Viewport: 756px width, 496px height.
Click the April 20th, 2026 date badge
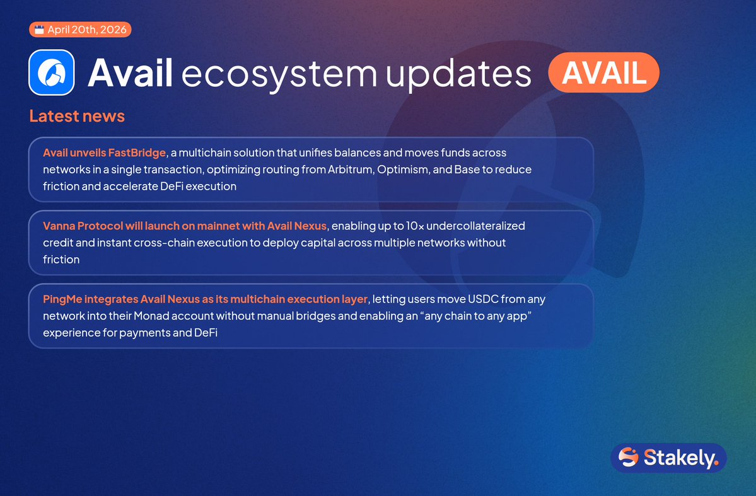coord(80,30)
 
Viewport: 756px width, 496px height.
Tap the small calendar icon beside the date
coord(39,30)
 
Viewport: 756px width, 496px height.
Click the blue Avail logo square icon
coord(52,72)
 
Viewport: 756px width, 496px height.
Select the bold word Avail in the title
coord(130,72)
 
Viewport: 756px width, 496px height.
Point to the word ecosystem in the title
coord(279,75)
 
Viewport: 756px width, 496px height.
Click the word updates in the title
coord(458,74)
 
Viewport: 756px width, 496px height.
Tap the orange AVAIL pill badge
coord(603,72)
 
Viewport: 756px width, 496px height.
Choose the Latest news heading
coord(77,116)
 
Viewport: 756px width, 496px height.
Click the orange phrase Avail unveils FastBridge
coord(105,153)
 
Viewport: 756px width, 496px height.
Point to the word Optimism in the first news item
coord(402,170)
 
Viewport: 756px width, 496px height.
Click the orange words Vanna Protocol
coord(83,226)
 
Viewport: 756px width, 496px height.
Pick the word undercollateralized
coord(476,226)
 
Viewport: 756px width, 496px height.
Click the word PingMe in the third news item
coord(62,299)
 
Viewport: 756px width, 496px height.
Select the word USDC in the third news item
coord(483,299)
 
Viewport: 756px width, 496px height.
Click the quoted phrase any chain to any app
coord(475,316)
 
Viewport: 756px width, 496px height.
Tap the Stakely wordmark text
coord(681,458)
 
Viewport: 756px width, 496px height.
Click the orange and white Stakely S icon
coord(628,457)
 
